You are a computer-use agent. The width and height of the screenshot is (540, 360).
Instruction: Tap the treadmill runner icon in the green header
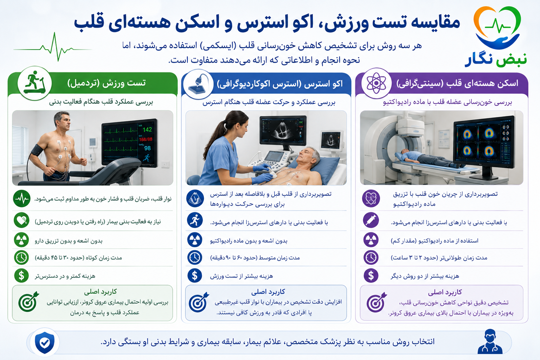point(35,83)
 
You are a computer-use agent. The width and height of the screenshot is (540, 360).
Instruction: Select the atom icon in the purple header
point(376,83)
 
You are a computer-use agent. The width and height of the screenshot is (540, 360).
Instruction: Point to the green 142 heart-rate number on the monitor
point(147,130)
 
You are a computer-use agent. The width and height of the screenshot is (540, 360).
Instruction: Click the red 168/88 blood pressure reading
point(146,139)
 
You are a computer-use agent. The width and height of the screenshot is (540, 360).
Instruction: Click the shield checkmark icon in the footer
point(45,342)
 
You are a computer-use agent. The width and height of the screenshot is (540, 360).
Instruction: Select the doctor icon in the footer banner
point(490,342)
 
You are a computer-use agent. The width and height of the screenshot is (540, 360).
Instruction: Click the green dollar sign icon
point(21,275)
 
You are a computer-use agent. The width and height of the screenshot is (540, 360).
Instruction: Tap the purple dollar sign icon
point(371,275)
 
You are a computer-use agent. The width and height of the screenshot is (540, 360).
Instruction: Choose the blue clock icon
point(195,258)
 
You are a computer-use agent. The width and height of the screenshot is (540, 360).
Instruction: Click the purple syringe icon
point(371,220)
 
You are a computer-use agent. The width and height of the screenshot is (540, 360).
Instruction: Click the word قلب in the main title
point(89,24)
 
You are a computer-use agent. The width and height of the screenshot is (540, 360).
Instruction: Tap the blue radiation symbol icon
point(195,240)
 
